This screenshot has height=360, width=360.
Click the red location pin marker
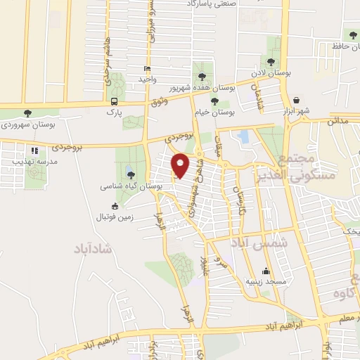181,165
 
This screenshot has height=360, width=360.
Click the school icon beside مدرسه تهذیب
34,150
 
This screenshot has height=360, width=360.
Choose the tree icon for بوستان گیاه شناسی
131,175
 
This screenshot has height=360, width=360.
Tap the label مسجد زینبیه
266,282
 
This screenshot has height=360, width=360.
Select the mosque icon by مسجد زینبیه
266,271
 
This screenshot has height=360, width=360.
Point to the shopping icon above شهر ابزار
297,101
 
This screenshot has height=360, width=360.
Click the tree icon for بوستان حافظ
352,35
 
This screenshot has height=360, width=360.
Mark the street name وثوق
161,103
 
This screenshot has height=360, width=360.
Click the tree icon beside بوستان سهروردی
27,113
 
